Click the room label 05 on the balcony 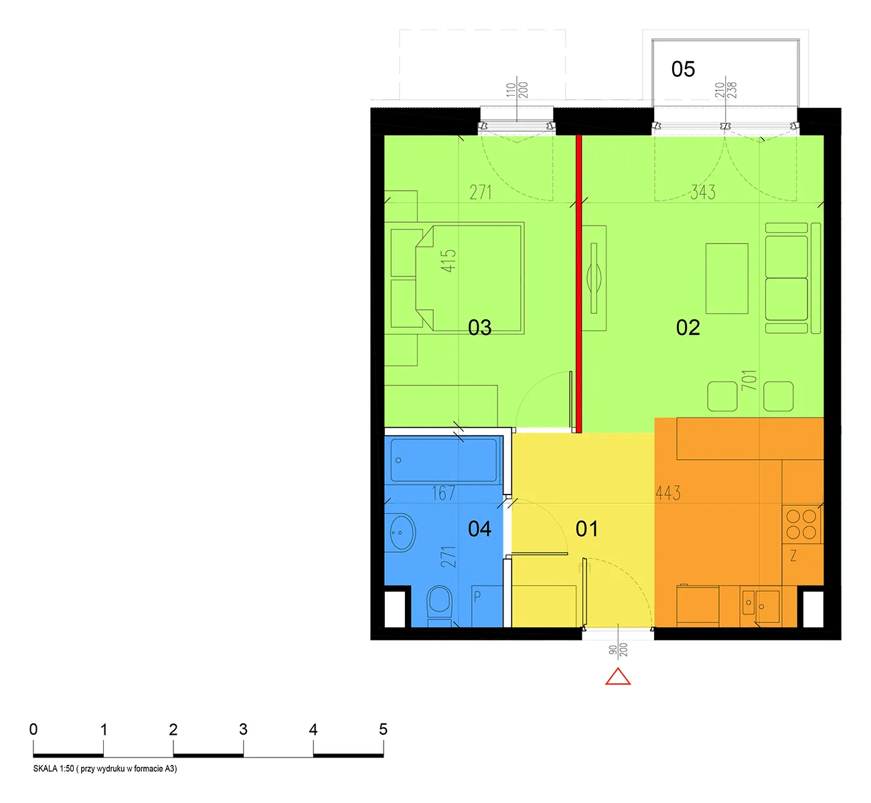point(683,70)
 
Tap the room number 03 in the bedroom point(480,328)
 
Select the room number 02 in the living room point(688,328)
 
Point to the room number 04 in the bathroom point(479,529)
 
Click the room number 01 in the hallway point(586,529)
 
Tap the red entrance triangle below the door point(617,677)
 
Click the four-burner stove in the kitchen point(801,524)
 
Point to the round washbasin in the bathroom point(402,532)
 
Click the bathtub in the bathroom point(444,460)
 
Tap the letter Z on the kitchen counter point(793,556)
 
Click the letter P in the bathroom point(477,596)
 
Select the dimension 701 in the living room point(749,380)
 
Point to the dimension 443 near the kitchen point(668,493)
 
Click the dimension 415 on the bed point(449,261)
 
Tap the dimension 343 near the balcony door point(702,192)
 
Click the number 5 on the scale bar point(383,729)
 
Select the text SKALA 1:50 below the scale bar point(54,768)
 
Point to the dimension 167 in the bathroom point(443,493)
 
